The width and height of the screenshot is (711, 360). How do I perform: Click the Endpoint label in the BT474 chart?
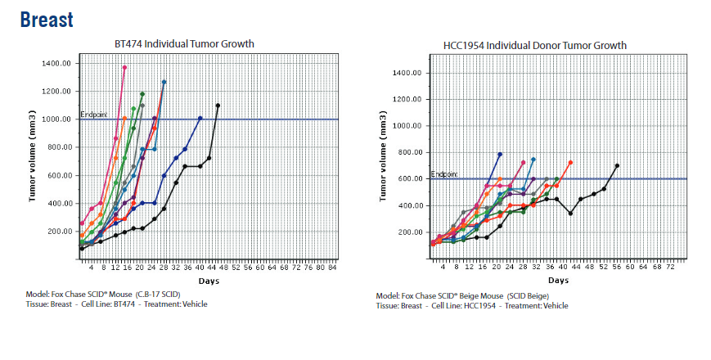(93, 115)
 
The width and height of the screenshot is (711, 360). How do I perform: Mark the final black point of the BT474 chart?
(218, 106)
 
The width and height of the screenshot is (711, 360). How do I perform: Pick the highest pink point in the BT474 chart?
(124, 67)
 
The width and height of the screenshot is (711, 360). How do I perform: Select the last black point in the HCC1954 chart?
(617, 166)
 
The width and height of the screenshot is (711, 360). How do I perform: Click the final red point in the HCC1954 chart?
(570, 163)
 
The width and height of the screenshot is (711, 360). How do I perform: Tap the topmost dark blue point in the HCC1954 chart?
(500, 155)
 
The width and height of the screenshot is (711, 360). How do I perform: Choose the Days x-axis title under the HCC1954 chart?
(559, 281)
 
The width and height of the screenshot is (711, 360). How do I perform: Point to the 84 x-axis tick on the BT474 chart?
(331, 267)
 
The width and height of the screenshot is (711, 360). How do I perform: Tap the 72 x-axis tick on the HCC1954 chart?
(670, 267)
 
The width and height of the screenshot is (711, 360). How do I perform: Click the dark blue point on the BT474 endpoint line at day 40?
(200, 119)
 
